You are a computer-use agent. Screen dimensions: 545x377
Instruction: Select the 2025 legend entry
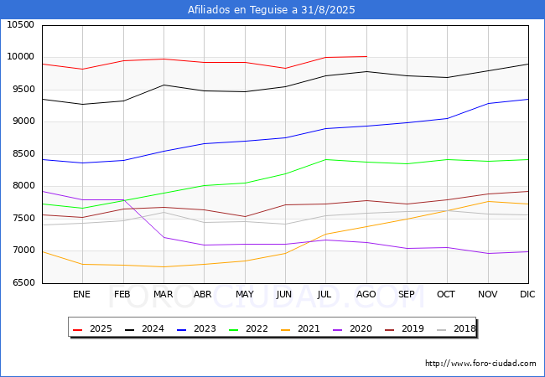coord(92,328)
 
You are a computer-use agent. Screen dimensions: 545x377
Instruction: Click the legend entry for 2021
coord(300,328)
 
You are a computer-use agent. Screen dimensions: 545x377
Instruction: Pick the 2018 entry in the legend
coord(456,328)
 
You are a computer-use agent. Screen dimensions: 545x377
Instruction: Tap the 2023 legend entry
coord(196,328)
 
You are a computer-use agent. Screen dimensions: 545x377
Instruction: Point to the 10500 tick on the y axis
coord(21,25)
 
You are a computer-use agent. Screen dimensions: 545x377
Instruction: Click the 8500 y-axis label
coord(21,154)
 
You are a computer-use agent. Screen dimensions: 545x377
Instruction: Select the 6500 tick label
coord(21,283)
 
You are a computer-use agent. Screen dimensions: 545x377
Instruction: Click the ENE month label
coord(81,294)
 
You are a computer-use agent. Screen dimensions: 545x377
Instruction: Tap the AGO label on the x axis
coord(366,294)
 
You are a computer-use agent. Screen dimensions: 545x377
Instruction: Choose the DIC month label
coord(527,294)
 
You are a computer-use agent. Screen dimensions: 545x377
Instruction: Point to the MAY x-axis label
coord(245,294)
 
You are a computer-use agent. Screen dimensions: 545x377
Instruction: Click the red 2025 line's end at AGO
coord(366,56)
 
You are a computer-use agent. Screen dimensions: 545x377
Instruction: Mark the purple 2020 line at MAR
coord(163,237)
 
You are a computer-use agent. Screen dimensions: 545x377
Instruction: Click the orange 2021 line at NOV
coord(488,201)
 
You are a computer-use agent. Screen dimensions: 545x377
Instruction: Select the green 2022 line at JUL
coord(325,160)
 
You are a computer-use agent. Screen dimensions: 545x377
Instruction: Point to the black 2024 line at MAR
coord(163,85)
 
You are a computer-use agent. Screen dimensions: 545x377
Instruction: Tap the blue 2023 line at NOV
coord(488,103)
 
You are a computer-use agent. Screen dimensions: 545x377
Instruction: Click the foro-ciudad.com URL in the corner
coord(480,364)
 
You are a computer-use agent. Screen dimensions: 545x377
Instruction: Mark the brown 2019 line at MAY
coord(246,217)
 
